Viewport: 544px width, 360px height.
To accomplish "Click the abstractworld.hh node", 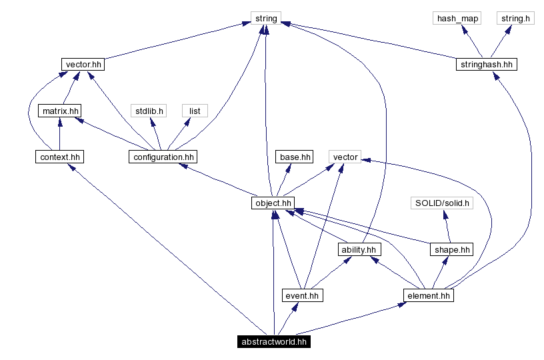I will pos(273,341).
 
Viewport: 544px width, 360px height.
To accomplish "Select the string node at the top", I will pos(266,18).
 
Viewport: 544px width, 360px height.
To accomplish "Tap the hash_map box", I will pos(457,18).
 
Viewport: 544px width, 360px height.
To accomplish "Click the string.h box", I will pos(515,18).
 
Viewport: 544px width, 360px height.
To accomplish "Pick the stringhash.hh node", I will pos(487,65).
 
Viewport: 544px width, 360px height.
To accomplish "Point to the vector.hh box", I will pos(83,65).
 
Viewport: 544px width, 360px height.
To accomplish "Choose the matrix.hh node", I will pos(59,111).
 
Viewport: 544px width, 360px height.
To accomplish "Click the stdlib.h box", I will pos(149,111).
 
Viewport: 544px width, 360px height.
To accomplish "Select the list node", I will pos(194,111).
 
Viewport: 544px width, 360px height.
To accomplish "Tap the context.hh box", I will pos(61,157).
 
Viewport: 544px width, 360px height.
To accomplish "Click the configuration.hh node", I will pos(163,157).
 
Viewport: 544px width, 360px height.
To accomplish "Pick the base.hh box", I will pos(294,157).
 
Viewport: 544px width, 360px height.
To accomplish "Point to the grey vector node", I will pos(345,157).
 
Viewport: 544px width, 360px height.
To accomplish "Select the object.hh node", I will pos(273,203).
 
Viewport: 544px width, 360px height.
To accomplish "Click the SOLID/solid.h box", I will pos(441,203).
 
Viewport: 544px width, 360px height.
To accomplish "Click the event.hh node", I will pos(303,295).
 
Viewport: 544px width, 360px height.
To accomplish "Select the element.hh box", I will pos(429,295).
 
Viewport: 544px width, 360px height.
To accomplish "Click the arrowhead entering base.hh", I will pos(288,168).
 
